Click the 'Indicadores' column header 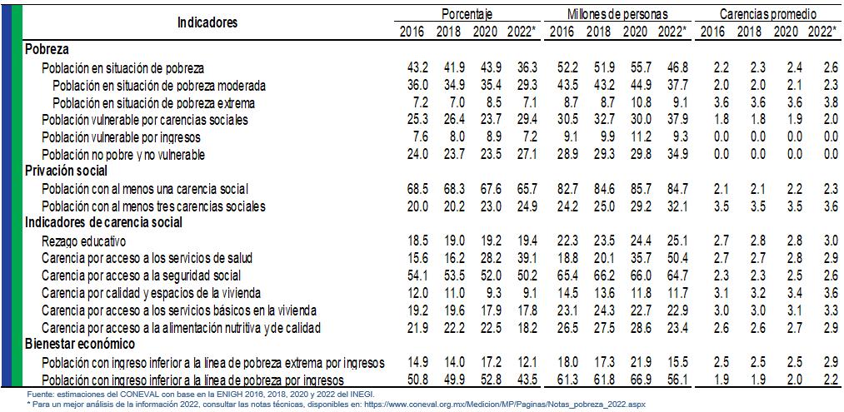pos(207,22)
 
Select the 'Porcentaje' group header pos(467,14)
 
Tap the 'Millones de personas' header pos(617,14)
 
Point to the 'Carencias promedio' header pos(767,14)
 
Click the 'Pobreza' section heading pos(47,49)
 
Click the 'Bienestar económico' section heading pos(80,344)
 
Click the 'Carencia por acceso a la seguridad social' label pos(141,275)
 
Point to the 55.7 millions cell pos(635,68)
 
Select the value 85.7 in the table pos(635,190)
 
